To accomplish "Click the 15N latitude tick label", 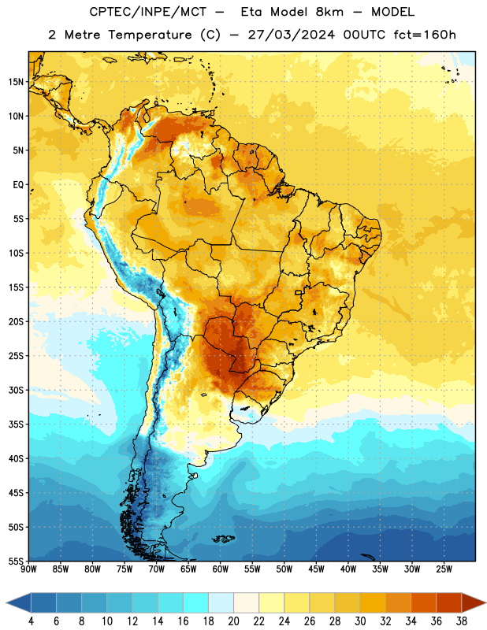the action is coord(16,82).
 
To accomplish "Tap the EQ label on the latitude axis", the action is coord(18,185).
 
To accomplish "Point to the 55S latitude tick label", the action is coord(16,561).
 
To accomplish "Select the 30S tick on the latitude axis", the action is coord(16,390).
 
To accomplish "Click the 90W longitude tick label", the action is coord(28,569).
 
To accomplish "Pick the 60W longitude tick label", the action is coord(221,569).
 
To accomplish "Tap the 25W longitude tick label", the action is coord(444,569).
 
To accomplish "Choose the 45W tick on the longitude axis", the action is coord(316,569).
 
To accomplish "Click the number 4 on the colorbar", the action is coord(31,621).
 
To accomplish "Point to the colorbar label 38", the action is coord(462,621).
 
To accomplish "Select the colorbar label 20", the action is coord(233,621).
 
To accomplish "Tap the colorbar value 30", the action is coord(360,621).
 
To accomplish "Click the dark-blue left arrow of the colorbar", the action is coord(19,602).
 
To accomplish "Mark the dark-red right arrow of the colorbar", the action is coord(474,602).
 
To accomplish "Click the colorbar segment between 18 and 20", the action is coord(221,602).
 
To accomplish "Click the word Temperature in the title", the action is coord(150,35).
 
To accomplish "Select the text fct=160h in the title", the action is coord(425,35).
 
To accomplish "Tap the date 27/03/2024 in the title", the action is coord(291,35).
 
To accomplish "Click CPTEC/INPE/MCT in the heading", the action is coord(148,12).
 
